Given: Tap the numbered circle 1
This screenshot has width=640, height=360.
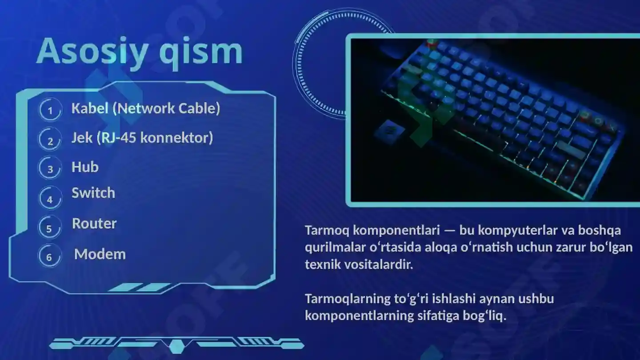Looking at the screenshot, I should [50, 110].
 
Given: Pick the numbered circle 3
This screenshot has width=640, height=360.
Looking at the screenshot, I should [50, 169].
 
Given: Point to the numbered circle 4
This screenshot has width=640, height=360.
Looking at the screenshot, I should [50, 199].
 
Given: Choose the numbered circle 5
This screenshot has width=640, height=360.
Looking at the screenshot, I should [49, 228].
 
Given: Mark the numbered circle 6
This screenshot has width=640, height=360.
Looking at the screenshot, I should [49, 257].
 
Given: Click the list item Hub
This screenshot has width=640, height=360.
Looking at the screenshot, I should [85, 167].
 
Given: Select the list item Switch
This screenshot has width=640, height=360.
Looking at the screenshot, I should [93, 193].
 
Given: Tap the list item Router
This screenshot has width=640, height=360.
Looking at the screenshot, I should [94, 223].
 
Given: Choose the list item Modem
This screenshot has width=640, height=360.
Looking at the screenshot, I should [100, 254].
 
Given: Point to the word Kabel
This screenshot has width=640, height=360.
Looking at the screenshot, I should [90, 108].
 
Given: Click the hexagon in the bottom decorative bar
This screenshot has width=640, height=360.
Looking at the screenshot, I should [176, 345].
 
